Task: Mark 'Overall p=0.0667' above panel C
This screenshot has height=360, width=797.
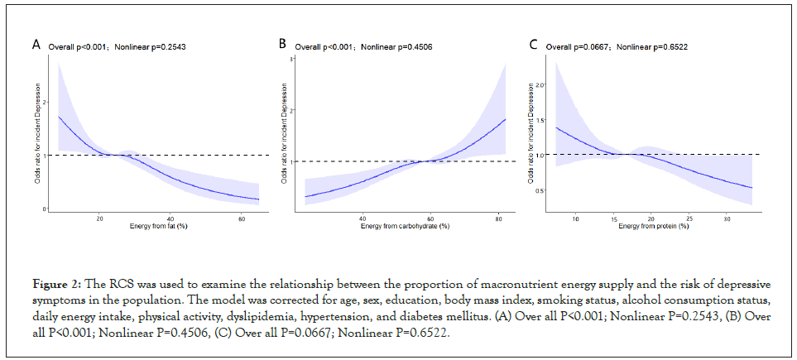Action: tap(577, 47)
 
